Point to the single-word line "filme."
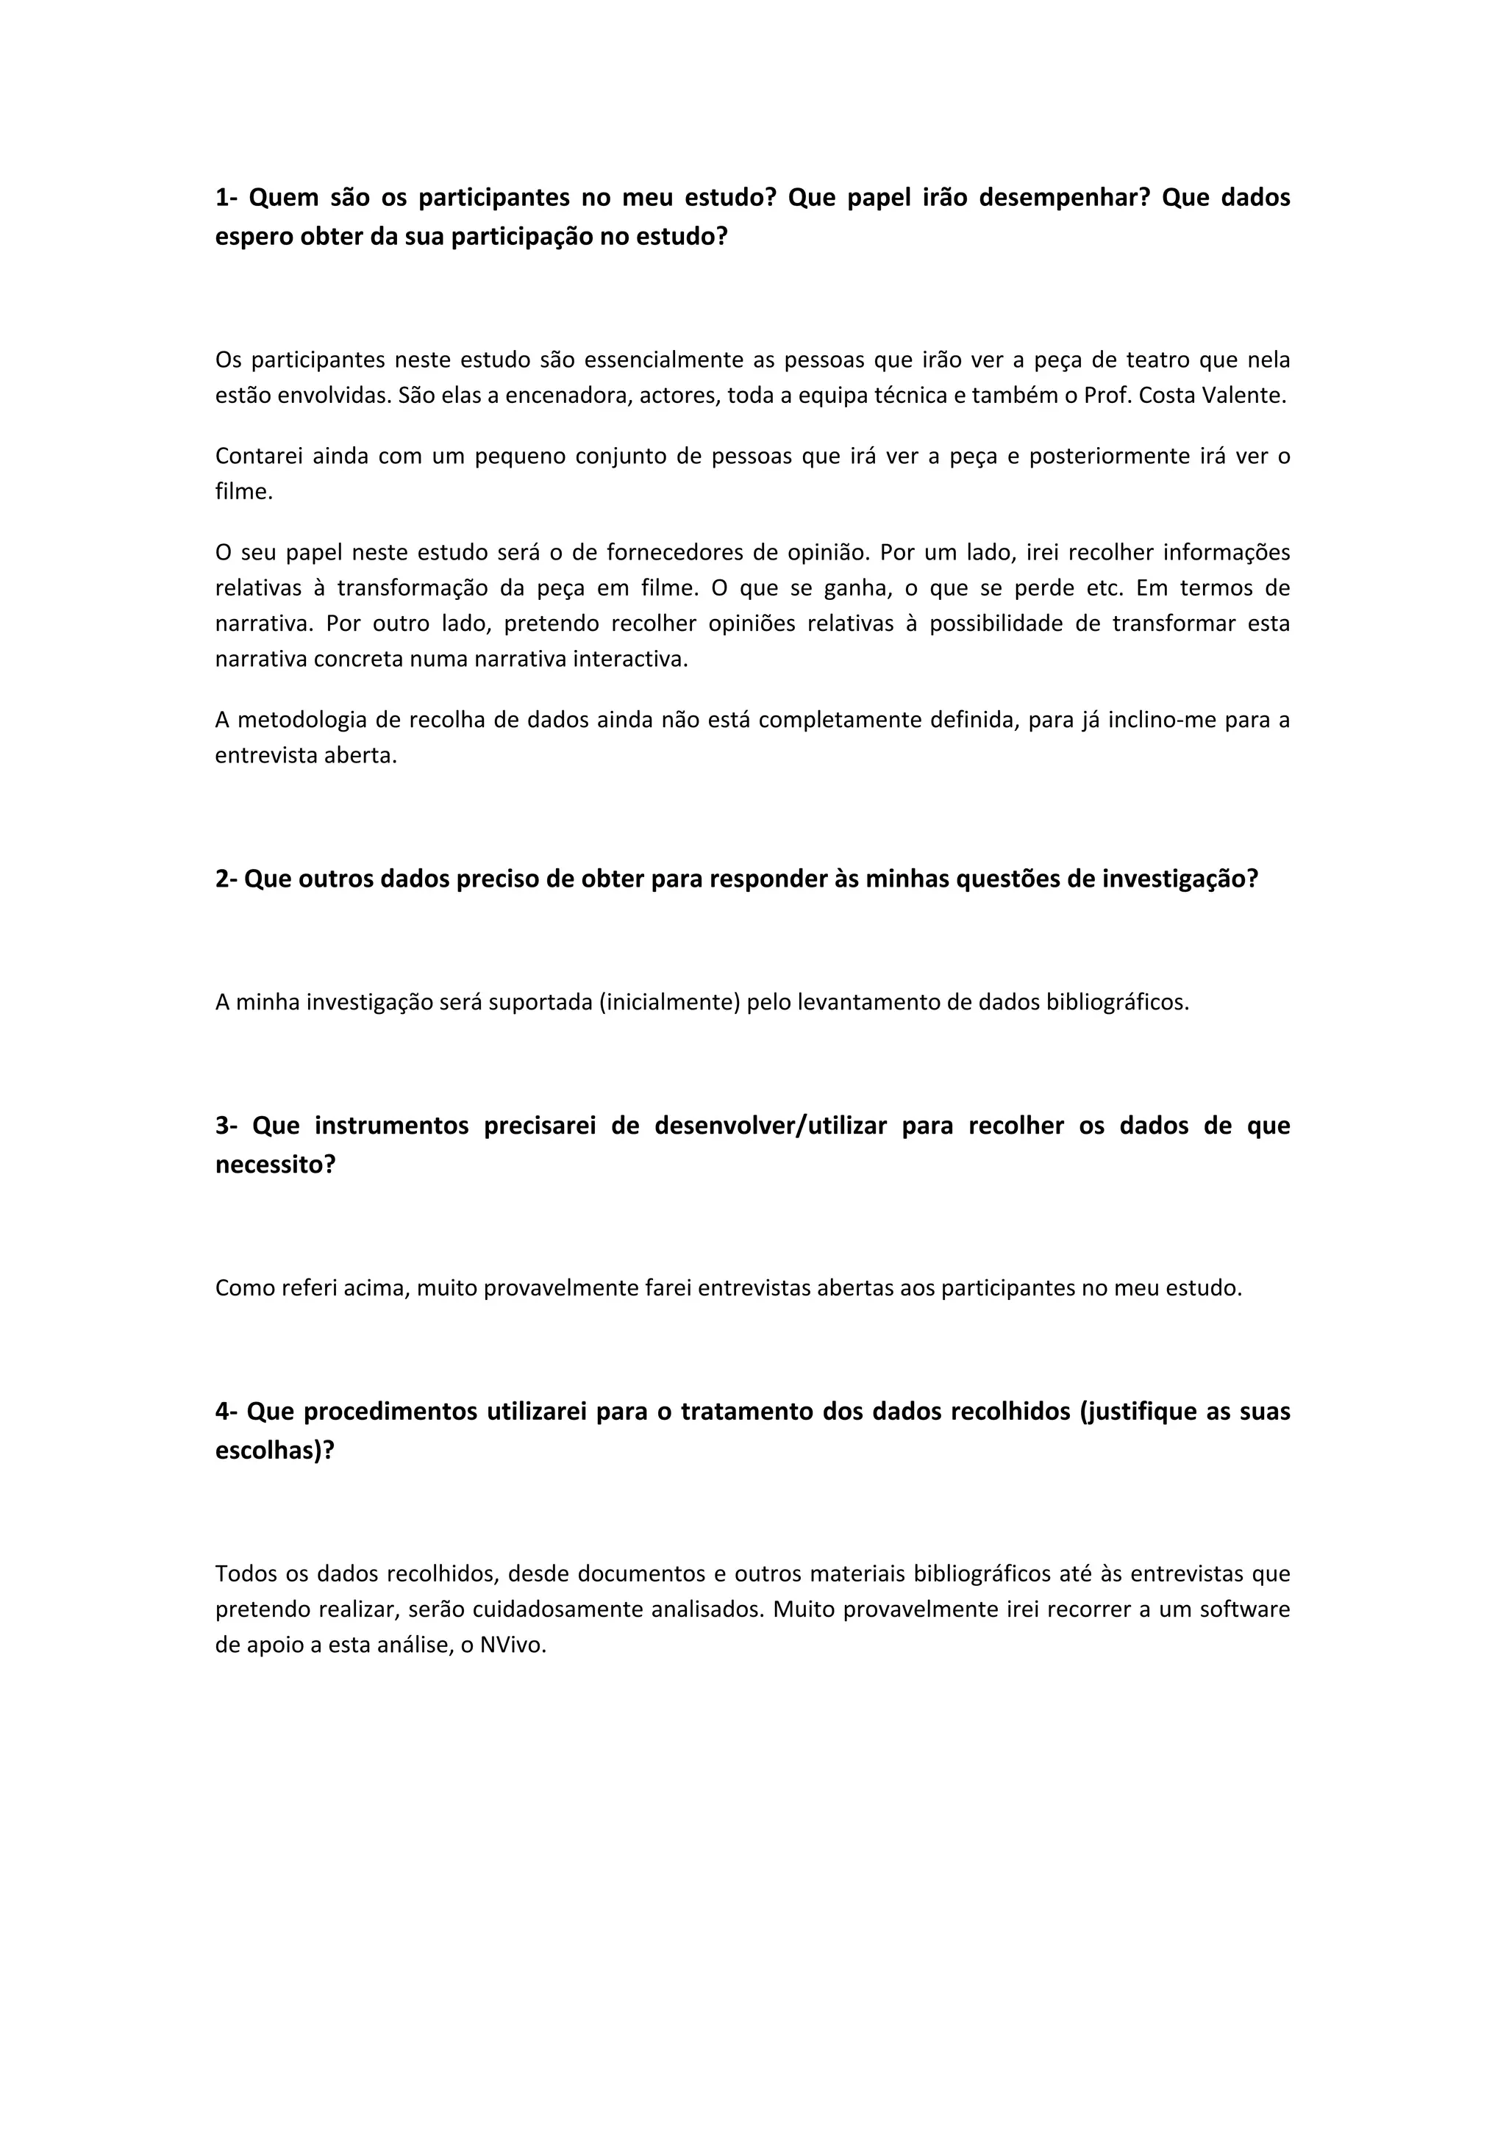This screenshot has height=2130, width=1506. click(244, 492)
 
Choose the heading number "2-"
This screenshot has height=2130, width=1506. click(226, 879)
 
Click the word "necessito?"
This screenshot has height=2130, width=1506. click(275, 1165)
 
